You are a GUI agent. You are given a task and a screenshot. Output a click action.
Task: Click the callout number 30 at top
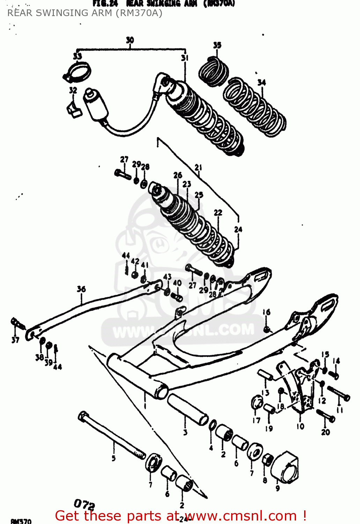[x=130, y=40]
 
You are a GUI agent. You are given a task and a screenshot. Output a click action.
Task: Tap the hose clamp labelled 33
[x=78, y=72]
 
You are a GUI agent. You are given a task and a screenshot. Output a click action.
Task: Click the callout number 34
[x=262, y=82]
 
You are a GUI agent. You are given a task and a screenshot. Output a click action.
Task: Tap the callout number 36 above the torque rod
[x=81, y=289]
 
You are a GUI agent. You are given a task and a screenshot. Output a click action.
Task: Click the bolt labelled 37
[x=18, y=324]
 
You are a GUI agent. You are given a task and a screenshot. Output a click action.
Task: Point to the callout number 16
[x=266, y=312]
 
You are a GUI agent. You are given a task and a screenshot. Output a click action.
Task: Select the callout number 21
[x=198, y=167]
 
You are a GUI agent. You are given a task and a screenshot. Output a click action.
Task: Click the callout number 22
[x=218, y=212]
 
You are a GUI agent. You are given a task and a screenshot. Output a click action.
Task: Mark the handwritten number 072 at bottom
[x=84, y=504]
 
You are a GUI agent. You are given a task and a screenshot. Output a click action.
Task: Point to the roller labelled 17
[x=257, y=402]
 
